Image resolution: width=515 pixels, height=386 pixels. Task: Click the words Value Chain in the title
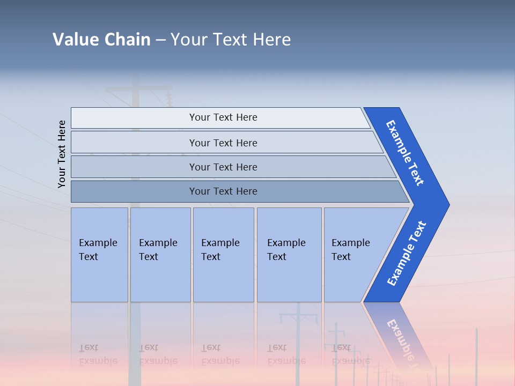point(101,39)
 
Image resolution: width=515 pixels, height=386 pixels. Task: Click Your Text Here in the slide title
point(231,39)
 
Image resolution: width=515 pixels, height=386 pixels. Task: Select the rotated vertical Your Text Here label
point(62,154)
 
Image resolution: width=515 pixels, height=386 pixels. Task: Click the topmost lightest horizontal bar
point(134,117)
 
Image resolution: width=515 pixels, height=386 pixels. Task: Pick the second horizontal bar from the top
point(134,143)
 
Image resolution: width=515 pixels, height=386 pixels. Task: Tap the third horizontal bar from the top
point(134,167)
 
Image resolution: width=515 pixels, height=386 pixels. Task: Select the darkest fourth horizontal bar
point(134,191)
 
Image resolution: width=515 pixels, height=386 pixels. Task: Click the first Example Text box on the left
point(99,255)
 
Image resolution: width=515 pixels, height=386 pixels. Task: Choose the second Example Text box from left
point(160,255)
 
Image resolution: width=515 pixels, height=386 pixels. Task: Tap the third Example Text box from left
point(223,255)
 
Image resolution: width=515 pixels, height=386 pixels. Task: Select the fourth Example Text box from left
point(289,255)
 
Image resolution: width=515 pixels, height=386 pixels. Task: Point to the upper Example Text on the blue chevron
point(405,153)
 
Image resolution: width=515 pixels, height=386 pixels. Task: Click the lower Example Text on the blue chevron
point(406,254)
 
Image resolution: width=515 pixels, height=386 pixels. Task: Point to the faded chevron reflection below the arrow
point(400,335)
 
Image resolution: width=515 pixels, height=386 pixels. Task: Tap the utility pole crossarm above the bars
point(138,90)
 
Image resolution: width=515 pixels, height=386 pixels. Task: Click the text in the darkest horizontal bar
point(223,191)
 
